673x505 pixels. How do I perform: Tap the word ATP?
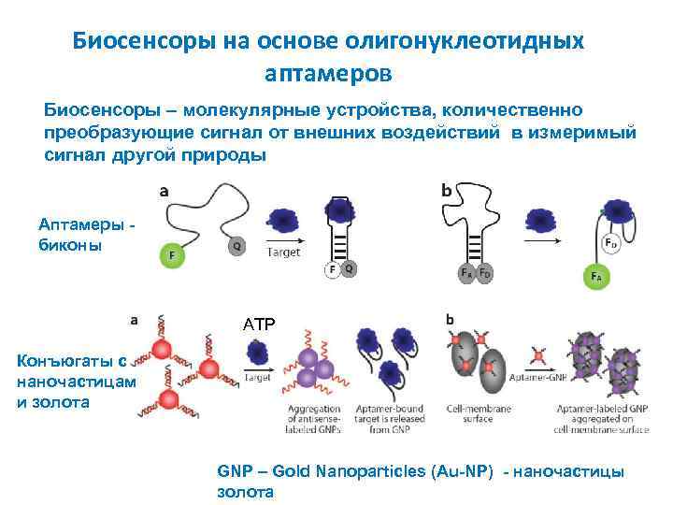[x=259, y=325]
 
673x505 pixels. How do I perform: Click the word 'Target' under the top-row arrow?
[x=284, y=252]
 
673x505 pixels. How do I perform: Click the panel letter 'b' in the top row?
[x=446, y=190]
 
